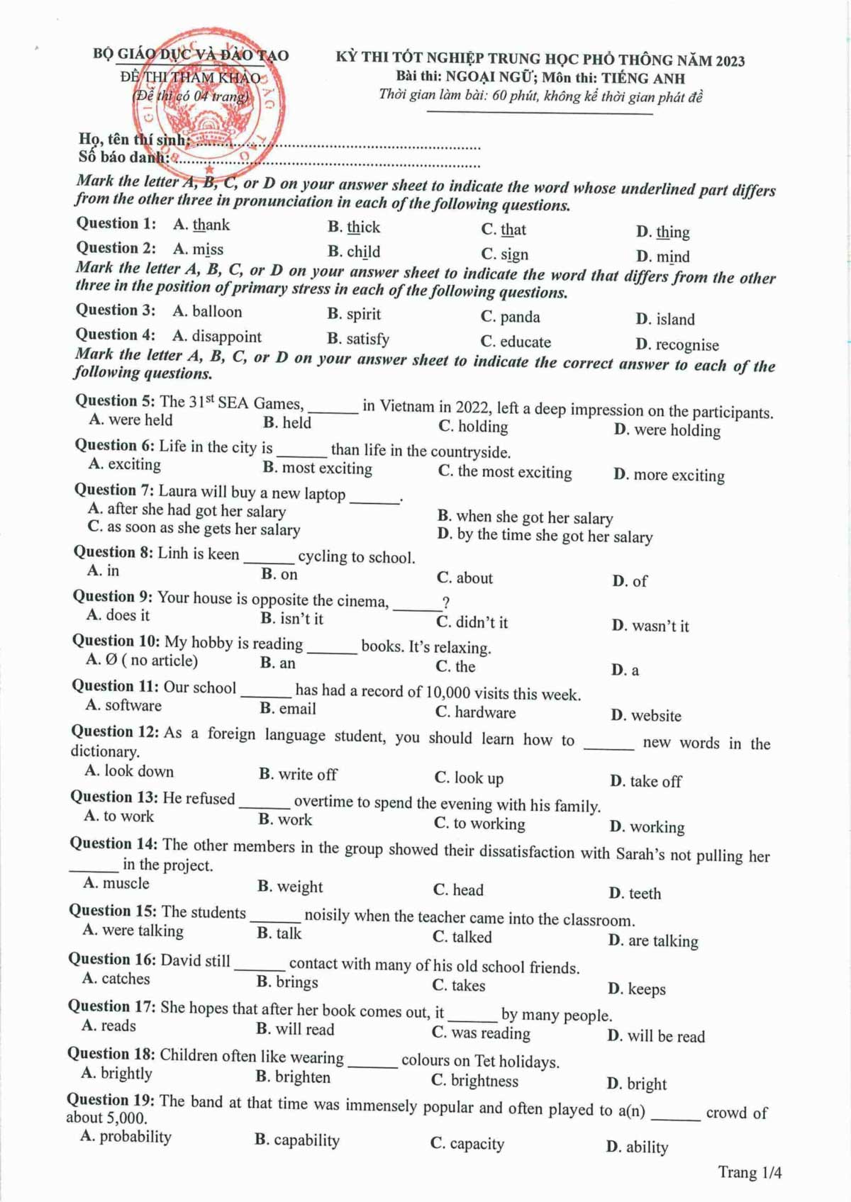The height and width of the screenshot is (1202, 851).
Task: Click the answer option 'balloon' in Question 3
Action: (216, 312)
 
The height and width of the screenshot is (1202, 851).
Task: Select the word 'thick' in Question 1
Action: (363, 228)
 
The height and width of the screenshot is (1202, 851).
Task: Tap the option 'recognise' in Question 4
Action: (686, 345)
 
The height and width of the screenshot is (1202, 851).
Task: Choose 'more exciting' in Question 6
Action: (679, 476)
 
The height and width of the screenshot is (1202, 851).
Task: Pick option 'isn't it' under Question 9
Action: (301, 619)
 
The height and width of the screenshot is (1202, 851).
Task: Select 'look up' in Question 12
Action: (479, 778)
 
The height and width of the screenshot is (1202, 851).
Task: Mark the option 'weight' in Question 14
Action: (299, 887)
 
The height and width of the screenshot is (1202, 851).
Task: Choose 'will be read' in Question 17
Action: (666, 1037)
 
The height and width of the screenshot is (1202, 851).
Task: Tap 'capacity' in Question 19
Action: (477, 1144)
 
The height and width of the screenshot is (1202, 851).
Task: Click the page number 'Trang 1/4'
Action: (750, 1172)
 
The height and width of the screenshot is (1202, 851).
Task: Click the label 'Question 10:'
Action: (116, 641)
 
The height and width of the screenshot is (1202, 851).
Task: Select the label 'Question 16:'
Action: (112, 960)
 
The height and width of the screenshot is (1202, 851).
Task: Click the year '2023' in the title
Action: (730, 61)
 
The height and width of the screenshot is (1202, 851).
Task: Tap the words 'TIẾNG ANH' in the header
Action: (643, 79)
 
